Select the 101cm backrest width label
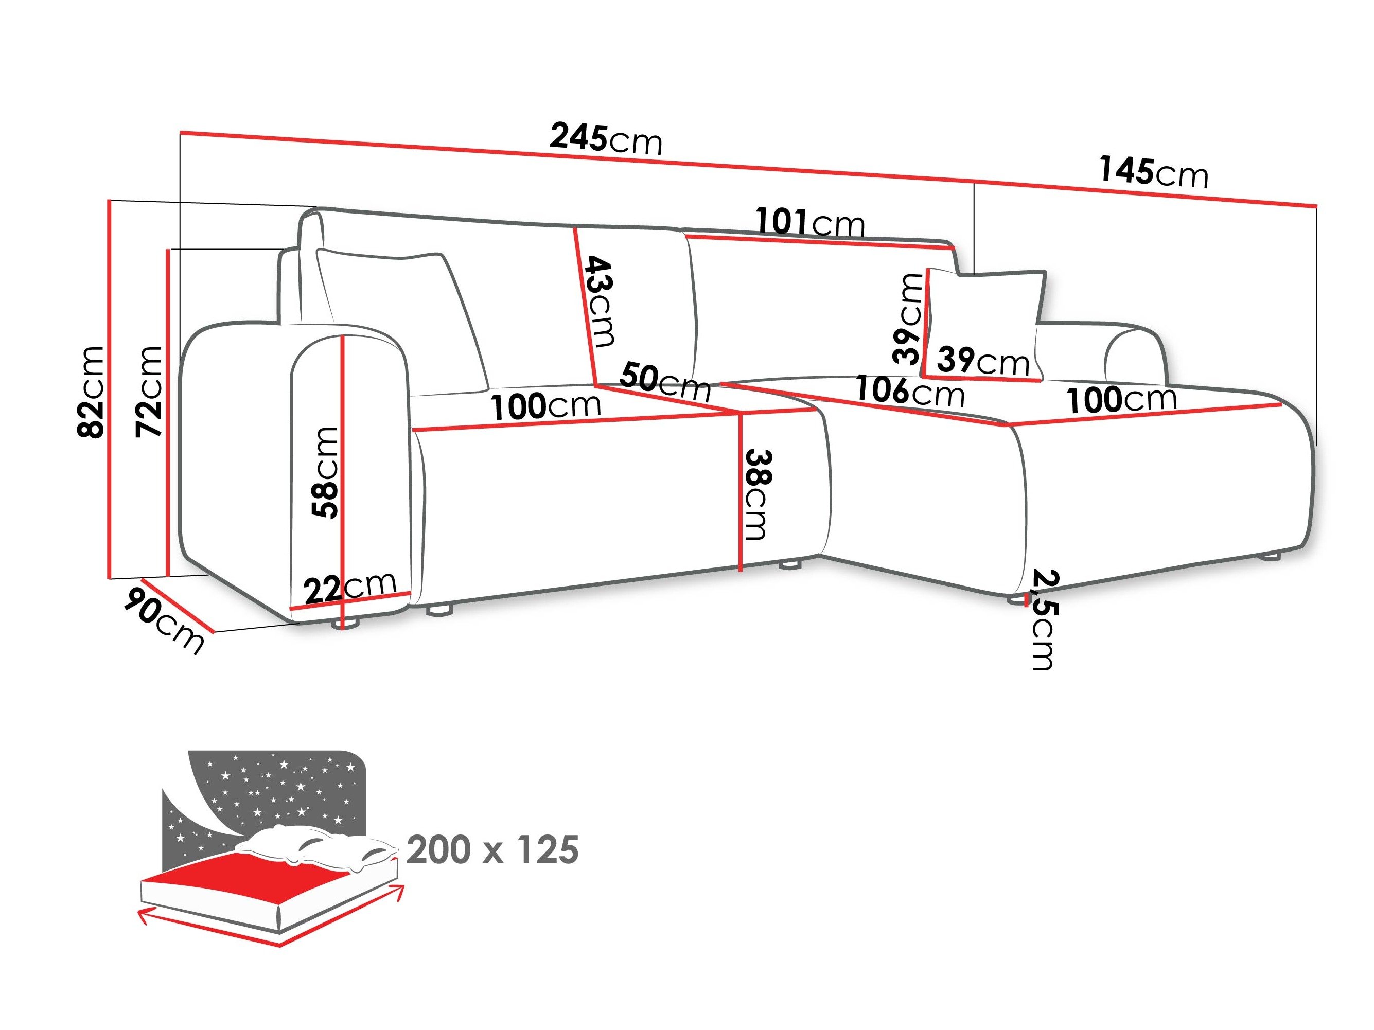pos(809,222)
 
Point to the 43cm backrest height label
pos(600,301)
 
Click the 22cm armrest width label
pos(350,586)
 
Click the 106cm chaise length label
pos(909,391)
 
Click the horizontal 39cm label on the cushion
pos(983,360)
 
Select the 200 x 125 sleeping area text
pos(492,850)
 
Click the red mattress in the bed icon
pos(249,872)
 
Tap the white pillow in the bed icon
pos(317,847)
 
